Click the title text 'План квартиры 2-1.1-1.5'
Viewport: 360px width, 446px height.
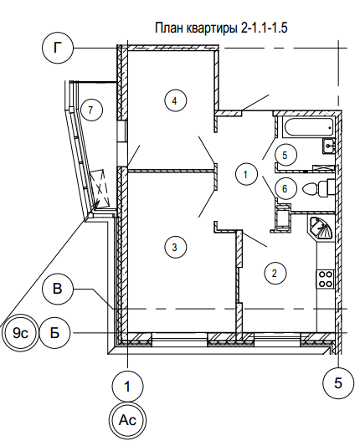coord(221,28)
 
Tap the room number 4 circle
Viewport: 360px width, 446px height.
coord(176,100)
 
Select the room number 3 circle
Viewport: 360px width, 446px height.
coord(176,247)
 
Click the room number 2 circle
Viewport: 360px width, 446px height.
coord(275,273)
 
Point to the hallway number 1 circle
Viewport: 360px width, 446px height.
coord(246,174)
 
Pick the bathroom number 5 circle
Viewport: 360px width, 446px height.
coord(285,155)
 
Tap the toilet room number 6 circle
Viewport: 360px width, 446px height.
coord(285,188)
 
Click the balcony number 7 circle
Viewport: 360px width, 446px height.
coord(91,110)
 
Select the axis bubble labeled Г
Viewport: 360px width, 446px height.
coord(58,48)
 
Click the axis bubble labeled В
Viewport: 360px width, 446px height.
coord(58,289)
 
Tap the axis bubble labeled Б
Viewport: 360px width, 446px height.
coord(54,332)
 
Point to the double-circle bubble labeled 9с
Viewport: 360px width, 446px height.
coord(20,332)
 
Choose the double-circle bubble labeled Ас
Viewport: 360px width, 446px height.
coord(127,420)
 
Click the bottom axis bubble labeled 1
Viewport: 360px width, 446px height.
coord(127,386)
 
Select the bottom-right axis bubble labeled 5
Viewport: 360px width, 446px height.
coord(339,383)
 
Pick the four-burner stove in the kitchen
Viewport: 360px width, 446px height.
coord(326,279)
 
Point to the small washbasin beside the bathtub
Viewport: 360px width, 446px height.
coord(329,146)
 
